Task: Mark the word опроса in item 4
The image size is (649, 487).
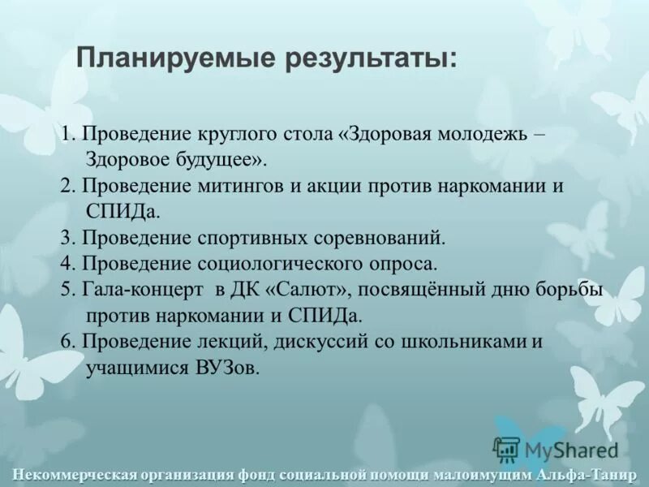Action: (408, 264)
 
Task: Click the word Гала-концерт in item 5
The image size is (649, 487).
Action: (144, 290)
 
